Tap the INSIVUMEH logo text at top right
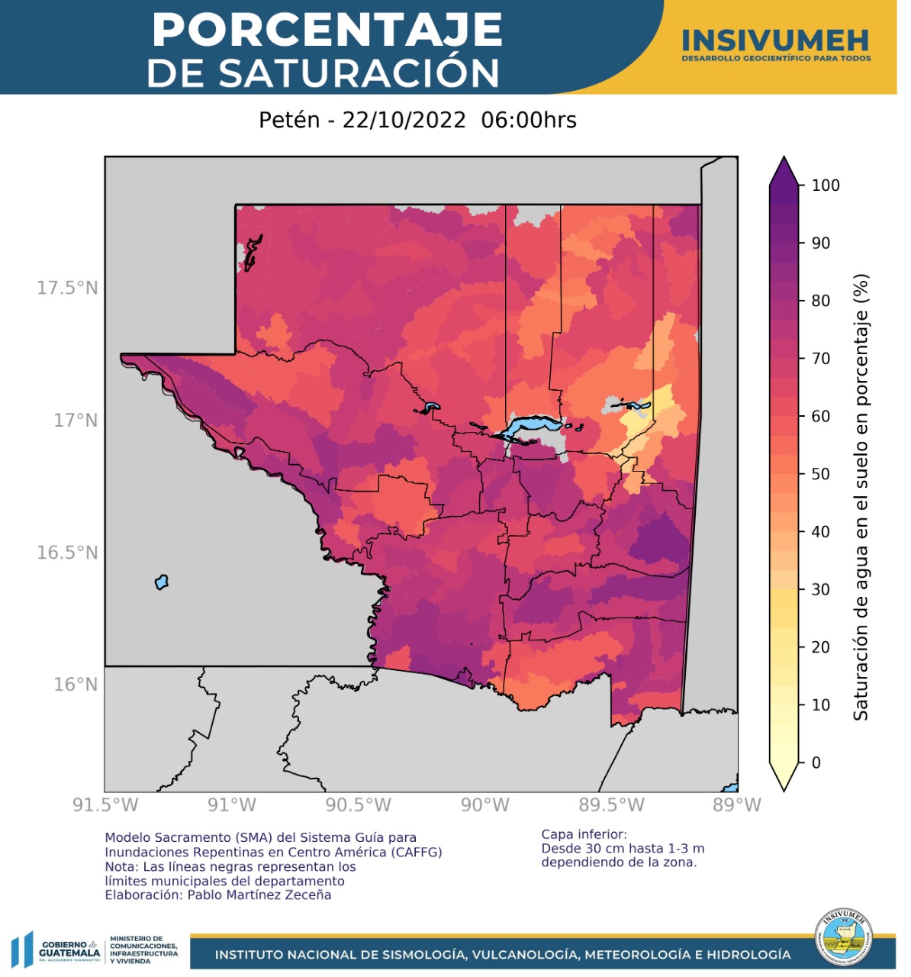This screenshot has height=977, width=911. coord(775,41)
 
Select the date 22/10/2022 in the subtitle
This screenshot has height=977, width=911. coord(404,121)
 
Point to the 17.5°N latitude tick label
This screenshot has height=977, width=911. coord(67,288)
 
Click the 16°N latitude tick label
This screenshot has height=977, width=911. coord(76,684)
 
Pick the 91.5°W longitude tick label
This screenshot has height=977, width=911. coord(105,805)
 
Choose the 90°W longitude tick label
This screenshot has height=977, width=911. coord(484,805)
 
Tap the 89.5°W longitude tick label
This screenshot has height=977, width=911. coord(611,805)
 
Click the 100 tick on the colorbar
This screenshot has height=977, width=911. coord(825,185)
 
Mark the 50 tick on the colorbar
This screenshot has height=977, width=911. coord(820,474)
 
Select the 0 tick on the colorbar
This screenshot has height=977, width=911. coord(816,763)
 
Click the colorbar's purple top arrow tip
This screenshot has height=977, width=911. coord(784,160)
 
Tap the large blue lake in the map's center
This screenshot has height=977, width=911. coord(534,424)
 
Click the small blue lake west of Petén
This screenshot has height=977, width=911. coord(161,582)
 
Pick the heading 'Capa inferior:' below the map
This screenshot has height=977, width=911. coord(584,834)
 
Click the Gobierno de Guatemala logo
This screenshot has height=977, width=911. coord(57,950)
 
